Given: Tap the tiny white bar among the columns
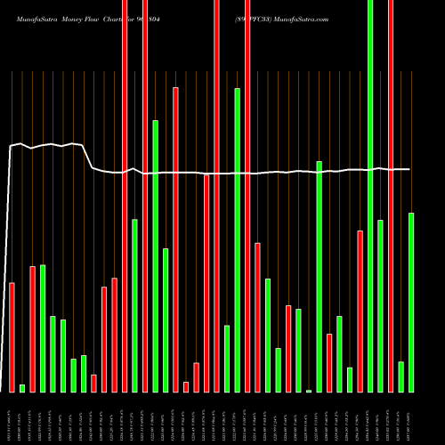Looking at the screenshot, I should pos(309,391).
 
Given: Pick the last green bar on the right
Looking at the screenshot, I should pos(411,302).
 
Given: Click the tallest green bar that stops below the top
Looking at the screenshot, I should pos(237,239).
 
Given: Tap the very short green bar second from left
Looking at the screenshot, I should pos(22,388).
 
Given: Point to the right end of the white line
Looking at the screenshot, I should pos(409,169).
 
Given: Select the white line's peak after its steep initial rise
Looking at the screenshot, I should pos(20,143).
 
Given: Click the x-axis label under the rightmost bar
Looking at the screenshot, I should pos(412,417).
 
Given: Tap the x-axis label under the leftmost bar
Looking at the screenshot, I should pos(12,417).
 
